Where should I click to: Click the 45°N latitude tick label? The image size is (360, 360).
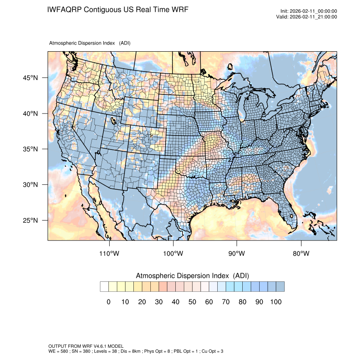[30, 78]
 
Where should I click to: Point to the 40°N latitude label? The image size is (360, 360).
[30, 114]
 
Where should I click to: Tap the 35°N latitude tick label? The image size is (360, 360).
[30, 149]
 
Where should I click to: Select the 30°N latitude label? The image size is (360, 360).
[30, 185]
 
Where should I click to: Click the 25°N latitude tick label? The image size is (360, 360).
[30, 220]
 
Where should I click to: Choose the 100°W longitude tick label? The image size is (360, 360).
[173, 254]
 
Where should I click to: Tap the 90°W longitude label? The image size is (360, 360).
[237, 254]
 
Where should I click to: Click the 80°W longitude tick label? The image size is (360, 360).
[301, 254]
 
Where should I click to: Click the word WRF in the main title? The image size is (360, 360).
[178, 9]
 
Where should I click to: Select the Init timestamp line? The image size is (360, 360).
[309, 11]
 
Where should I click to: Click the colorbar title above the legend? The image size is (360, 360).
[192, 276]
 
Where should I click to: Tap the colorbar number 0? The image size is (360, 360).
[108, 302]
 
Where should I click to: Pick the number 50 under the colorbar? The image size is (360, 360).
[192, 302]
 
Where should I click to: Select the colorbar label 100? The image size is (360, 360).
[276, 302]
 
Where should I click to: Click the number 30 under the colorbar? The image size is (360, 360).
[159, 302]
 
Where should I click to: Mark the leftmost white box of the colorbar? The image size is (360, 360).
[104, 287]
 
